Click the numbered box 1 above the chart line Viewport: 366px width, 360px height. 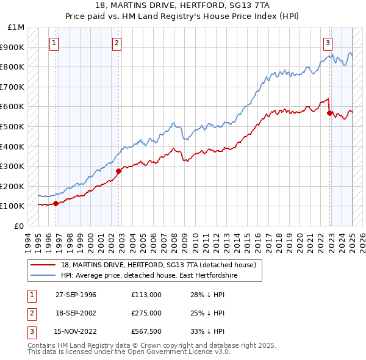pyautogui.click(x=55, y=43)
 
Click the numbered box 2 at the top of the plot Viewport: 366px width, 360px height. pyautogui.click(x=116, y=43)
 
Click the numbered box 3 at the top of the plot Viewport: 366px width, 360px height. pyautogui.click(x=328, y=43)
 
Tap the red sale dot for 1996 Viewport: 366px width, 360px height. pyautogui.click(x=56, y=203)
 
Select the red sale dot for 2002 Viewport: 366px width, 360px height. pyautogui.click(x=118, y=171)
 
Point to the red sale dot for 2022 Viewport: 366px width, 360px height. pyautogui.click(x=329, y=113)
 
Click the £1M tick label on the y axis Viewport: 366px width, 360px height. pyautogui.click(x=16, y=27)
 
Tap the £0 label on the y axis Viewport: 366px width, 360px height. pyautogui.click(x=20, y=226)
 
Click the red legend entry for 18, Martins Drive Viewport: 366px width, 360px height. pyautogui.click(x=153, y=265)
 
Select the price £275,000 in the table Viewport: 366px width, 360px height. pyautogui.click(x=146, y=313)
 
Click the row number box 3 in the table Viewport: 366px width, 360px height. pyautogui.click(x=30, y=331)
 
